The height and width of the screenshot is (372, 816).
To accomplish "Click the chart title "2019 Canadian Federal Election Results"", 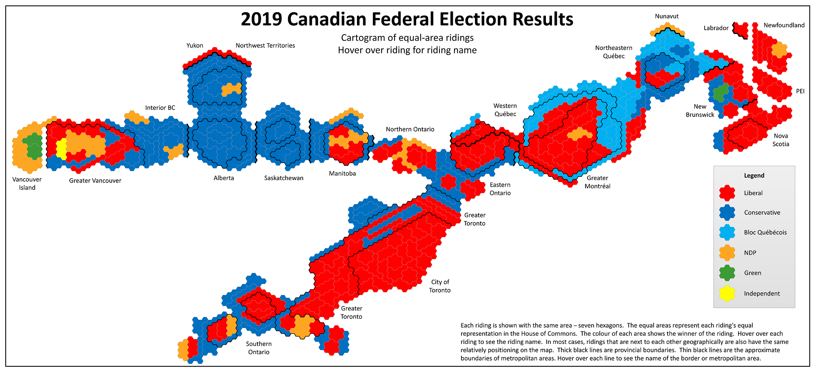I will tap(407, 19).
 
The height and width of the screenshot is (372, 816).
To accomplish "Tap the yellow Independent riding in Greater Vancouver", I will tap(61, 148).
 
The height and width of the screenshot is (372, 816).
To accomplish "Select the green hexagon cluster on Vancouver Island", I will tap(33, 145).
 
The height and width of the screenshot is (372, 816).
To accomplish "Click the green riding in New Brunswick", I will tap(721, 92).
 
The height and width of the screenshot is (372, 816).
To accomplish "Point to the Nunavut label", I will tap(667, 16).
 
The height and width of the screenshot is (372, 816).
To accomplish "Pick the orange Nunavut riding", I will tap(667, 30).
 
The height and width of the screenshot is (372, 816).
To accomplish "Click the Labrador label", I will tap(716, 28).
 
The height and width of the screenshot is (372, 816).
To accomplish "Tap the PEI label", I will tap(800, 91).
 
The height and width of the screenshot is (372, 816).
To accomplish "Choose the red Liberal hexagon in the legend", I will tap(727, 193).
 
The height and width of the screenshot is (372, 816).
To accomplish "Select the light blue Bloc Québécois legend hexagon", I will tap(727, 232).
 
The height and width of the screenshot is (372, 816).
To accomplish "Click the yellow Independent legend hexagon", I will tap(727, 293).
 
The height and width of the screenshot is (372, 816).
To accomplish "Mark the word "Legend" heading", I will tap(754, 176).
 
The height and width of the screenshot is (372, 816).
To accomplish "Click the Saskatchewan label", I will tap(284, 178).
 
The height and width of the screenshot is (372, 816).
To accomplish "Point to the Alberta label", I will tap(224, 178).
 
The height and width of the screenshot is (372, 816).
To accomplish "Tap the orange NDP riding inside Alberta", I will tap(231, 89).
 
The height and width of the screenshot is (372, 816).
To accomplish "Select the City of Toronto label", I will tap(440, 286).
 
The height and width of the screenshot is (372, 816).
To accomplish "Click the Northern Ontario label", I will tap(410, 129).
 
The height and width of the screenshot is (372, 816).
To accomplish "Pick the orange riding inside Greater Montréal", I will tap(579, 134).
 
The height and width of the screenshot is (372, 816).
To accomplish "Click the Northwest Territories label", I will tap(265, 46).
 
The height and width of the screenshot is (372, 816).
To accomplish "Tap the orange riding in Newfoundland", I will tap(779, 50).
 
